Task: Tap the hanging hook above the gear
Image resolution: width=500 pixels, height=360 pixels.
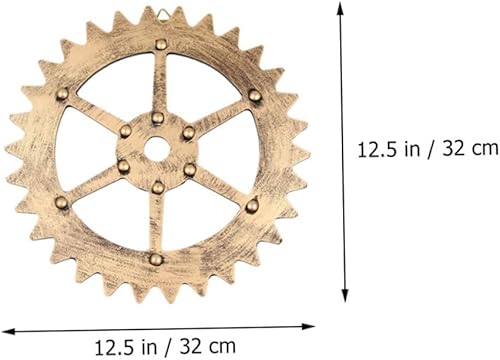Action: pyautogui.click(x=161, y=11)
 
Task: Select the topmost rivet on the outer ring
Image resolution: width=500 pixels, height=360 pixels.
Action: pyautogui.click(x=161, y=44)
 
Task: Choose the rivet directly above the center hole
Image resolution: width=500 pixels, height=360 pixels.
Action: pyautogui.click(x=159, y=118)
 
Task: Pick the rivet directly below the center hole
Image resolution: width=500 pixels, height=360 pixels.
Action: pyautogui.click(x=157, y=186)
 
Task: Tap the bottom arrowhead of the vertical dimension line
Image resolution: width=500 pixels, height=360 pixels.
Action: pyautogui.click(x=346, y=296)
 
